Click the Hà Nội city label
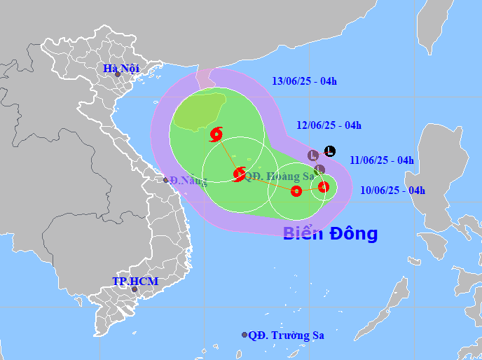click(120, 68)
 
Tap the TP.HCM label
click(135, 282)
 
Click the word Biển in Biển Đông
click(303, 233)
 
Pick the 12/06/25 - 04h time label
click(329, 125)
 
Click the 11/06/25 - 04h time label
click(381, 160)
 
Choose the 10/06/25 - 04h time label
click(392, 190)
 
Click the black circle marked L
click(330, 151)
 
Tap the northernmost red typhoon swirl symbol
click(216, 133)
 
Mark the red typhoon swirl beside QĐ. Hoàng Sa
click(239, 174)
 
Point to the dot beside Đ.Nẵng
click(166, 181)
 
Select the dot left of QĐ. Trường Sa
click(245, 335)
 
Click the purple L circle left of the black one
click(314, 155)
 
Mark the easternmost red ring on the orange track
click(324, 186)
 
